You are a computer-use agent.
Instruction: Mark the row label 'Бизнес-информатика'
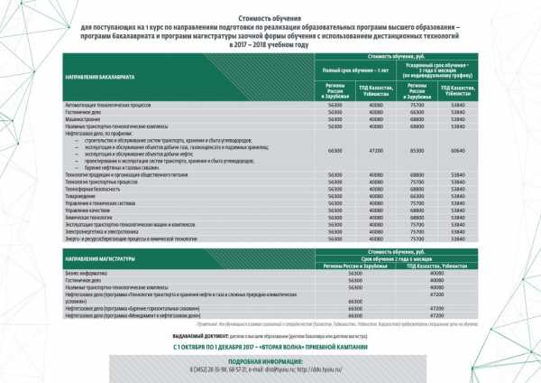pyautogui.click(x=85, y=273)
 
